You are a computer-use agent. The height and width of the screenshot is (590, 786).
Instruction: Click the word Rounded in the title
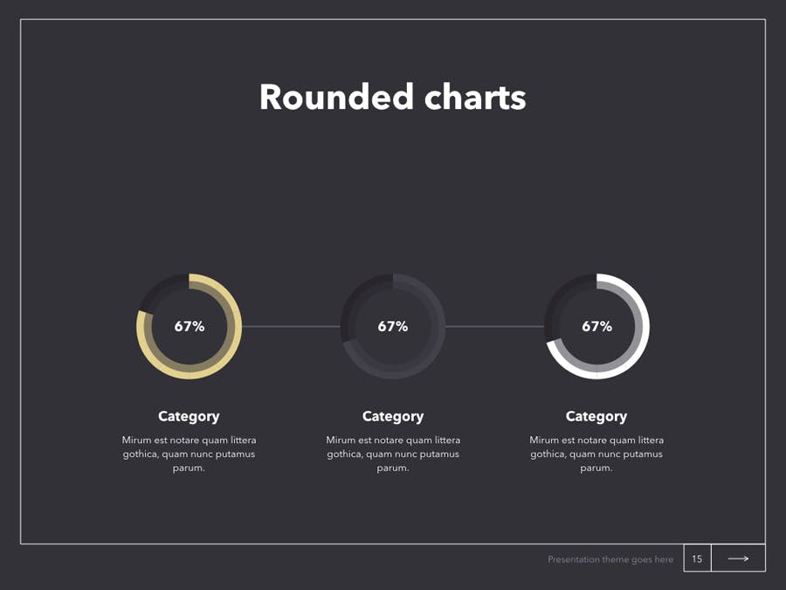click(336, 96)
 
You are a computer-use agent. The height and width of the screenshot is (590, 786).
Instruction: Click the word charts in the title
click(475, 96)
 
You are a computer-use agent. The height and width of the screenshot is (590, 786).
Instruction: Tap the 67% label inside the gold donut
click(190, 327)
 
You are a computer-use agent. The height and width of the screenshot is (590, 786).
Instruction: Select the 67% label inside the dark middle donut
click(393, 327)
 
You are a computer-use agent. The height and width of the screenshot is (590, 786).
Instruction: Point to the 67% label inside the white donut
click(597, 327)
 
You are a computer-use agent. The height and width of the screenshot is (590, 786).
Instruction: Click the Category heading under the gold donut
click(189, 416)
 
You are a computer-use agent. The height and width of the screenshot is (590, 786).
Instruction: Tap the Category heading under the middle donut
click(393, 416)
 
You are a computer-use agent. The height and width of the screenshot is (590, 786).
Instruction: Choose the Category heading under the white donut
click(596, 416)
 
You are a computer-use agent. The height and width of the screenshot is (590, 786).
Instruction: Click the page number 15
click(697, 559)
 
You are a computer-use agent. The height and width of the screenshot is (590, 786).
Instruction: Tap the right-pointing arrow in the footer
click(738, 559)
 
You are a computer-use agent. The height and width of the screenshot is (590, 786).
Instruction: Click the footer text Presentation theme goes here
click(610, 559)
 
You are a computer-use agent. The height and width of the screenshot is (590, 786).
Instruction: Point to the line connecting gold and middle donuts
click(291, 327)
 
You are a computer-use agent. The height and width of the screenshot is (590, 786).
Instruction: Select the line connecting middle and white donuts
click(495, 327)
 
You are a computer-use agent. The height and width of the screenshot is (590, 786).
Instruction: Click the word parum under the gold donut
click(188, 469)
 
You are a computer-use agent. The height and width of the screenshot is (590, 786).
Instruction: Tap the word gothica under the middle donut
click(344, 455)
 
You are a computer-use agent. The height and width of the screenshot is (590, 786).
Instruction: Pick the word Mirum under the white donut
click(544, 440)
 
